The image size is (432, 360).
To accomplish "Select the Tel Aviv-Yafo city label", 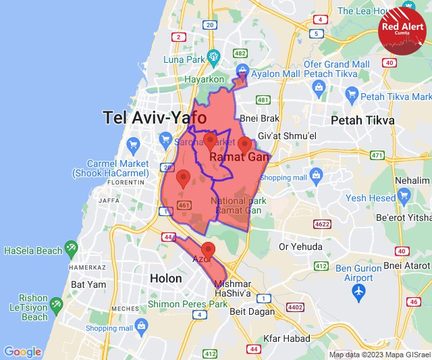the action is (155, 118).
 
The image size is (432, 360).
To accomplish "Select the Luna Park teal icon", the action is (214, 56).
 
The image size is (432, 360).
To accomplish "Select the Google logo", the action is (22, 351).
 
